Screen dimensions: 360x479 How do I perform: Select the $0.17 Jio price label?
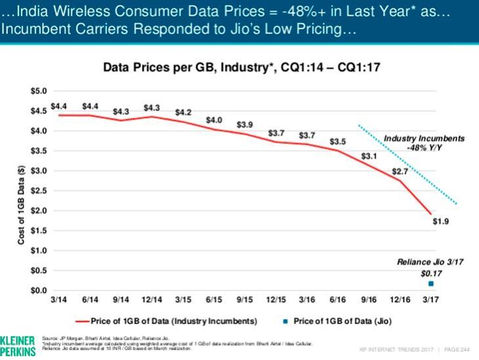pos(430,272)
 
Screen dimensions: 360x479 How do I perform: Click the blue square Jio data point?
pos(430,283)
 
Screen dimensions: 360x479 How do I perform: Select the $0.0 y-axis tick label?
pos(39,290)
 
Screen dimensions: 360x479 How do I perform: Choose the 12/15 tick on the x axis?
pos(276,300)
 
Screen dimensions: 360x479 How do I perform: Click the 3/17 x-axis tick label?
pos(430,300)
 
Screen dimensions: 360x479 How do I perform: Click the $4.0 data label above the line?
pos(213,119)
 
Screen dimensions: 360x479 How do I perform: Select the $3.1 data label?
pos(369,157)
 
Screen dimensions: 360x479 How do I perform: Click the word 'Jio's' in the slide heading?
pos(204,30)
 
